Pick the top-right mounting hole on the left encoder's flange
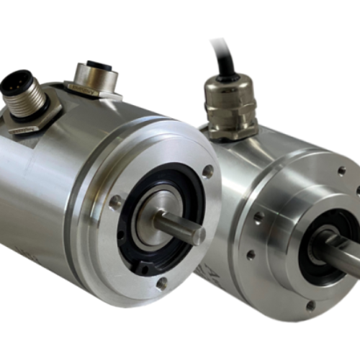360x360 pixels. (207, 172)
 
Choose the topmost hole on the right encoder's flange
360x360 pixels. (341, 171)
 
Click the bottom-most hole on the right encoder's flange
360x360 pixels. (311, 306)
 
